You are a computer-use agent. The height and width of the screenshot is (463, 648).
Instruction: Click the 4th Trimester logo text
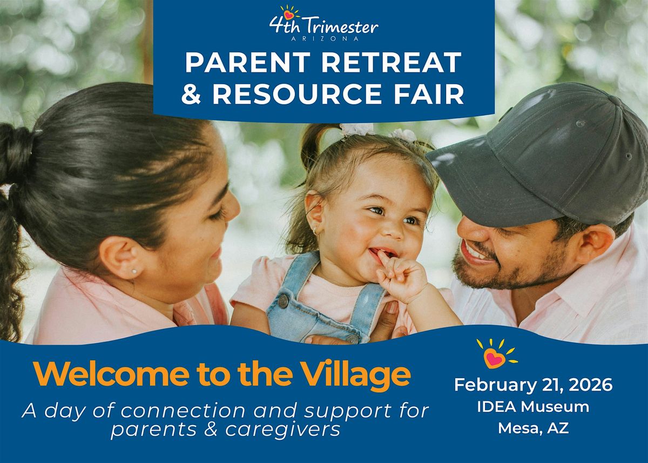(x=324, y=25)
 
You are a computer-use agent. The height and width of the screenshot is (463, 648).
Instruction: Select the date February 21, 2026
(x=534, y=385)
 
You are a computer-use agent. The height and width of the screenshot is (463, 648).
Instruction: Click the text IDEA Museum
(x=534, y=407)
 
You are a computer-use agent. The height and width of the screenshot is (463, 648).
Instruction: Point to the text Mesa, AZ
(x=534, y=428)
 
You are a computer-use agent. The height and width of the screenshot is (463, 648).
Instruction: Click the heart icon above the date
(x=494, y=357)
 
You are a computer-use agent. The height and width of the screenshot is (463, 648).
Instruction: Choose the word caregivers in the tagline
(x=281, y=430)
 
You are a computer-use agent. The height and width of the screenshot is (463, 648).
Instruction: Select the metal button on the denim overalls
(x=283, y=300)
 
